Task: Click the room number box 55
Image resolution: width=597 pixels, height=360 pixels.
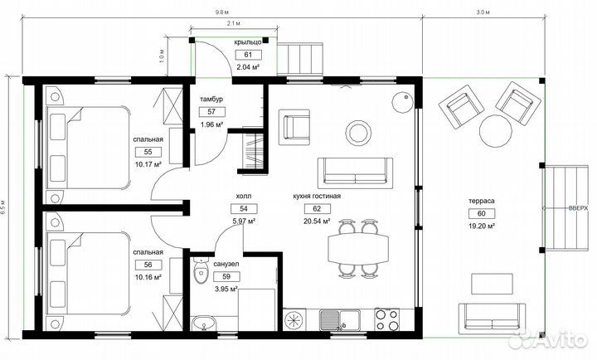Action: pyautogui.click(x=148, y=152)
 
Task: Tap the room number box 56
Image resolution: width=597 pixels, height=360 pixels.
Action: pyautogui.click(x=148, y=265)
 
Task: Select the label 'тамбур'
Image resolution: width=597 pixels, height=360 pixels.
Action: pyautogui.click(x=211, y=99)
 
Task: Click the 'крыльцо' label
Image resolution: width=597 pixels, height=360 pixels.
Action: pyautogui.click(x=248, y=42)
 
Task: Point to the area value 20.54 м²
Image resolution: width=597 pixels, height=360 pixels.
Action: pyautogui.click(x=317, y=221)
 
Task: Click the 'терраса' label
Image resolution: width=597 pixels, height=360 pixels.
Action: pyautogui.click(x=481, y=201)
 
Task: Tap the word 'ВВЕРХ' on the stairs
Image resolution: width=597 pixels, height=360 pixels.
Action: pyautogui.click(x=578, y=208)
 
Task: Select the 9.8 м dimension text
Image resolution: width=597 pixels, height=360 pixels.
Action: pyautogui.click(x=219, y=12)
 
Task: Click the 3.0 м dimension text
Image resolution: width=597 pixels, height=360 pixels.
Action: pyautogui.click(x=483, y=12)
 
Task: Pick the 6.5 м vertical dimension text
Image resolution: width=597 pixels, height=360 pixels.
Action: pyautogui.click(x=3, y=207)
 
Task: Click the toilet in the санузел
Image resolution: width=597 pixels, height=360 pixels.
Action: pyautogui.click(x=201, y=271)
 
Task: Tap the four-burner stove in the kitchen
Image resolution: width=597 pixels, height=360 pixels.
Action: pyautogui.click(x=387, y=319)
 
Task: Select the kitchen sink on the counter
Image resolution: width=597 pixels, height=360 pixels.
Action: pyautogui.click(x=340, y=319)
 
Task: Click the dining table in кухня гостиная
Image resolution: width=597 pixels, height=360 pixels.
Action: pyautogui.click(x=359, y=248)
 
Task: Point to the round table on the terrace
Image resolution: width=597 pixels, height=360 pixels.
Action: pyautogui.click(x=495, y=131)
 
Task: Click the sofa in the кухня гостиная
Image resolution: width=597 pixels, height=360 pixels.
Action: pyautogui.click(x=355, y=173)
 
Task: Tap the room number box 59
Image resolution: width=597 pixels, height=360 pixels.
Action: pyautogui.click(x=226, y=276)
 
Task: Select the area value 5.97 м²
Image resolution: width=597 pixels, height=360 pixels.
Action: pyautogui.click(x=244, y=221)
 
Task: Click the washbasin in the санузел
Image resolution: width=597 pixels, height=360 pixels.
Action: pyautogui.click(x=203, y=324)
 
